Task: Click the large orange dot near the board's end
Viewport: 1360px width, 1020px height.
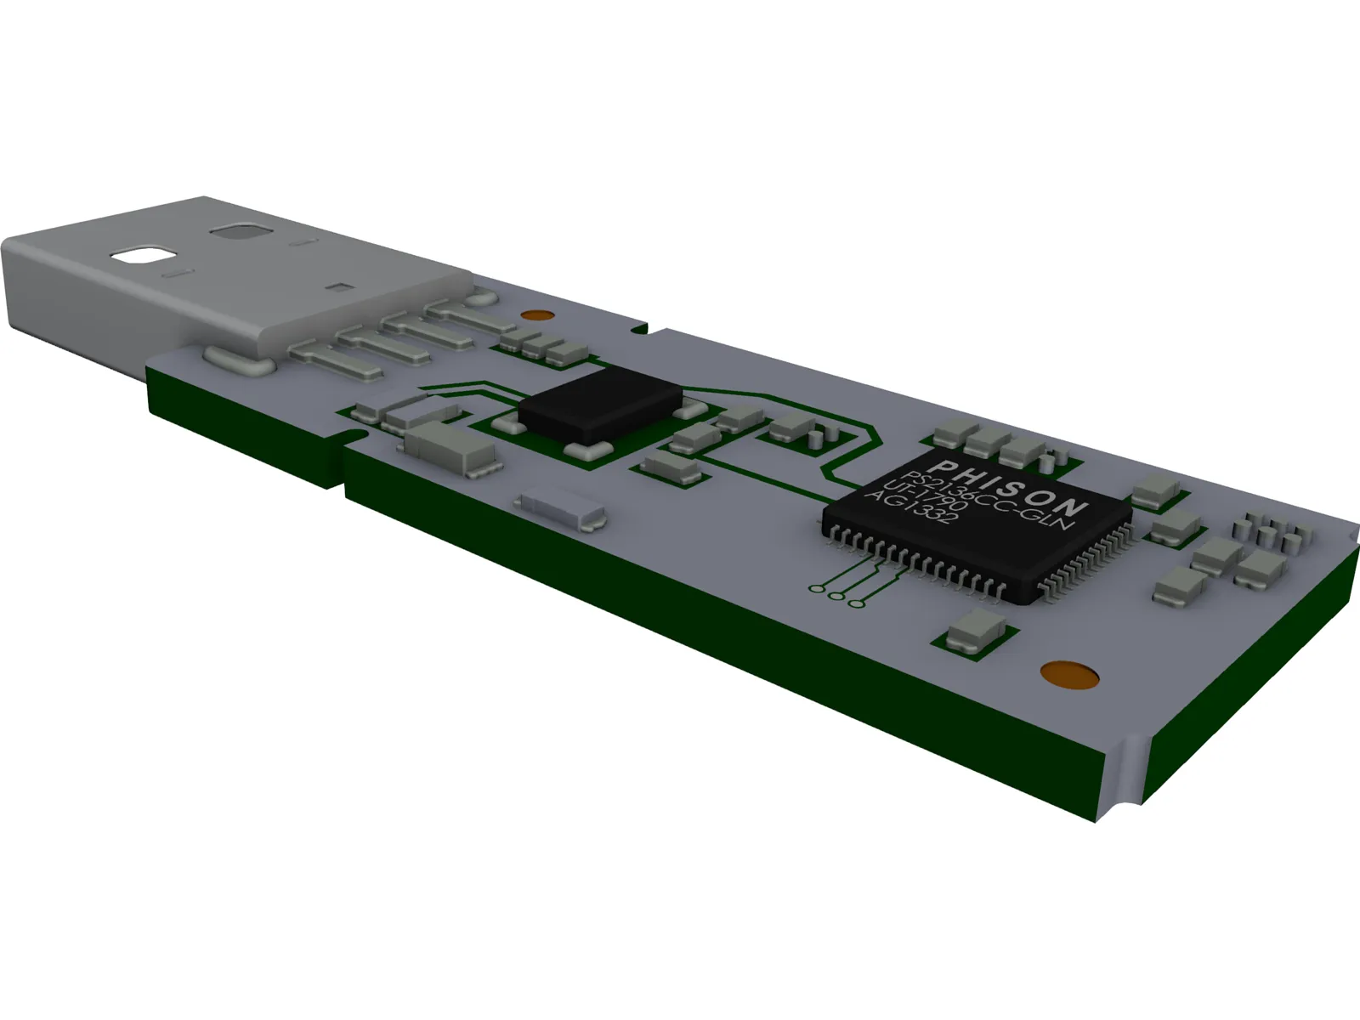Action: pos(1069,674)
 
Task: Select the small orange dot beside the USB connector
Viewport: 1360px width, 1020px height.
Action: pos(533,315)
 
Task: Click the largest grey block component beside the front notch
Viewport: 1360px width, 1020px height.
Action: pos(450,448)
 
